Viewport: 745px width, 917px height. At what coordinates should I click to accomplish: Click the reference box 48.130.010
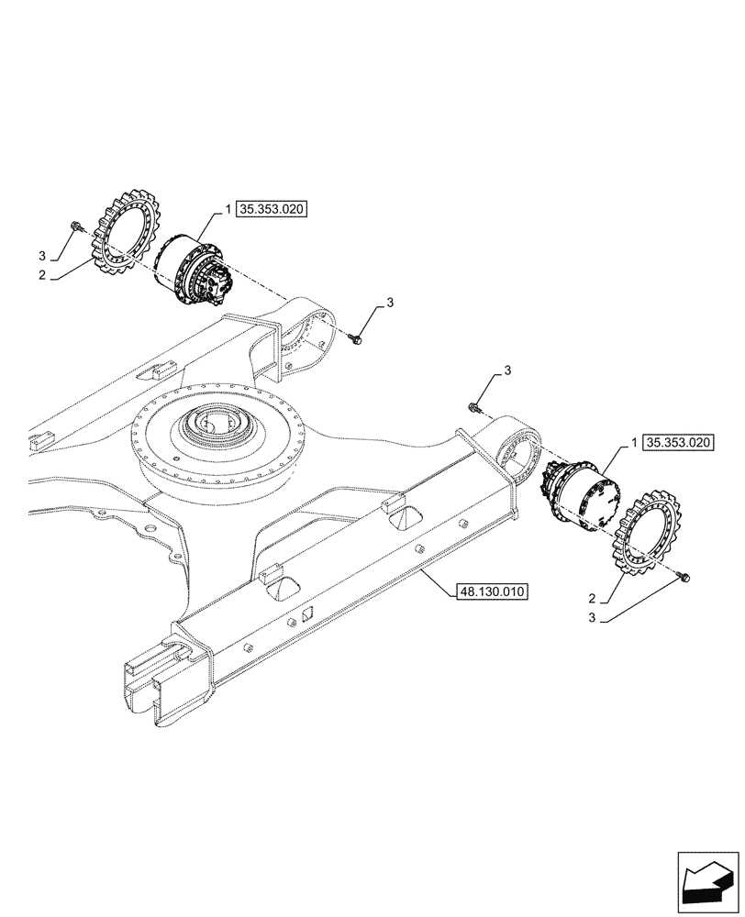490,591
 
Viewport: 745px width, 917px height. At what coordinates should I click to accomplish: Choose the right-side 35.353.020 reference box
678,442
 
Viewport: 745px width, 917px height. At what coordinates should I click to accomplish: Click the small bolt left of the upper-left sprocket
76,225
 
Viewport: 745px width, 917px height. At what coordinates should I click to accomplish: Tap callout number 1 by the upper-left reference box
228,210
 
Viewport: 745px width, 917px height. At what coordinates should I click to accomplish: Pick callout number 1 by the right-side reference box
635,442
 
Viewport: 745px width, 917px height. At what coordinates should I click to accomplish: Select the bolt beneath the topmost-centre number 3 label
358,339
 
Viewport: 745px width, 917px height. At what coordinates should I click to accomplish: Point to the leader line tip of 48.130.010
425,570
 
